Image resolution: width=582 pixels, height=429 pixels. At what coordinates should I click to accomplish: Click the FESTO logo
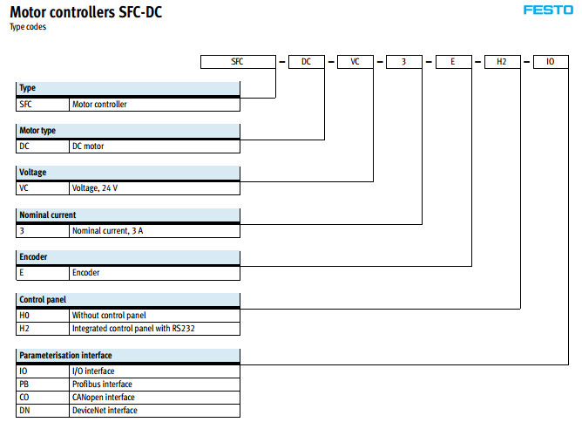coord(547,10)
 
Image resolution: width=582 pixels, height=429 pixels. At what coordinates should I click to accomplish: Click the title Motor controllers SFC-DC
coord(85,11)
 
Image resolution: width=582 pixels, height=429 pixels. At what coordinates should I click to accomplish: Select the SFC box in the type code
coord(238,62)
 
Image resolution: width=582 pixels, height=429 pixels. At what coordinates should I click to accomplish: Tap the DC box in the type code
coord(307,62)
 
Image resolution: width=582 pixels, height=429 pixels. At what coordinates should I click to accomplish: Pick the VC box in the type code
coord(355,62)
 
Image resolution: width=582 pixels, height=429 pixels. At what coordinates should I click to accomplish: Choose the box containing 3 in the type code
coord(404,62)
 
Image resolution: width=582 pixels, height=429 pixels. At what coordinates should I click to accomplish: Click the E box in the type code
coord(453,62)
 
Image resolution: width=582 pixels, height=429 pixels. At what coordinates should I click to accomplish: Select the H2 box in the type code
coord(502,62)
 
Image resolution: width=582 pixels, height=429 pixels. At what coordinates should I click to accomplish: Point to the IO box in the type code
coord(551,62)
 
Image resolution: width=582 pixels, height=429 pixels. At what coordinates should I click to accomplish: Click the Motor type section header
coord(37,131)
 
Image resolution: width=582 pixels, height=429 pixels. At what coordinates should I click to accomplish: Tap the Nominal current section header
coord(47,214)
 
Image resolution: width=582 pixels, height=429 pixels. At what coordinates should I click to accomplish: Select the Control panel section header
coord(44,299)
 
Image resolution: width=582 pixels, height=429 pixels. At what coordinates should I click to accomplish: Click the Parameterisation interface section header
coord(65,356)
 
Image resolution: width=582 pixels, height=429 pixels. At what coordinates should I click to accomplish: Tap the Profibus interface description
coord(102,384)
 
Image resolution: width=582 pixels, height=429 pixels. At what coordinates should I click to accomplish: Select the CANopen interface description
coord(103,397)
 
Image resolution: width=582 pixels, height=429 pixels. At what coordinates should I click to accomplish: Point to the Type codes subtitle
coord(28,27)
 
